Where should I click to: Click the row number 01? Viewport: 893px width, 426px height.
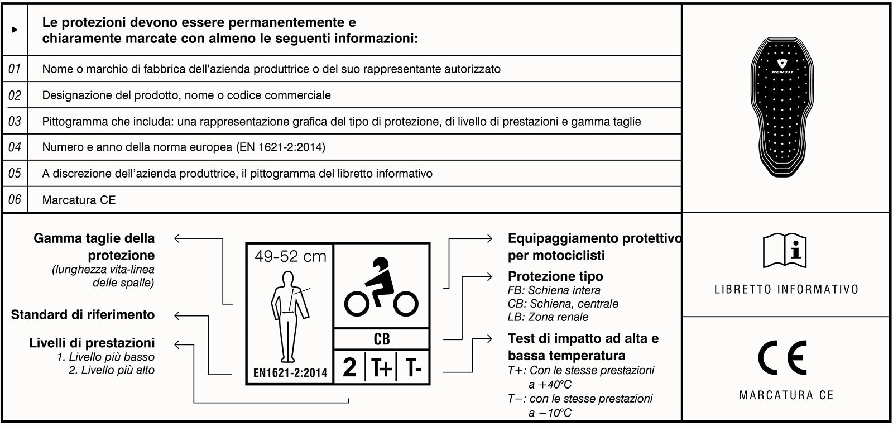pos(15,69)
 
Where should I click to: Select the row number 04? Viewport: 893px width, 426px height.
pos(15,147)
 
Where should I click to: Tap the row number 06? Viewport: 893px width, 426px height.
pos(15,199)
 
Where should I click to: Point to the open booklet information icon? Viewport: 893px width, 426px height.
pos(786,251)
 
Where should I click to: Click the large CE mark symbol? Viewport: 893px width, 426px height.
pos(782,358)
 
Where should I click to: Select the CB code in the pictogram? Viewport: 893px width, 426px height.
pos(382,339)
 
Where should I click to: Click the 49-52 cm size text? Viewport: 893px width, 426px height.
pos(290,257)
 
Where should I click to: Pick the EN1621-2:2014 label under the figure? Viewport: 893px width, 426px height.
pos(290,372)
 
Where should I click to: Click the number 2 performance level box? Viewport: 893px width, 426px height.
pos(350,367)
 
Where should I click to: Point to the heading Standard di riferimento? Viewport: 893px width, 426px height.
pos(83,315)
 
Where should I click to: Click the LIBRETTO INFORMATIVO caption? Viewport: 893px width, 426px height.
pos(786,289)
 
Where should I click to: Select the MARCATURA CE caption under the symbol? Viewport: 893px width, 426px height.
pos(786,395)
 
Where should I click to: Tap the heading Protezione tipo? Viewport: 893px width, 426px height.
pos(555,276)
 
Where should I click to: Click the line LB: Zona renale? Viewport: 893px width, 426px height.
pos(548,317)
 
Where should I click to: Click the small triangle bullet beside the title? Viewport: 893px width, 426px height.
pos(15,30)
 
